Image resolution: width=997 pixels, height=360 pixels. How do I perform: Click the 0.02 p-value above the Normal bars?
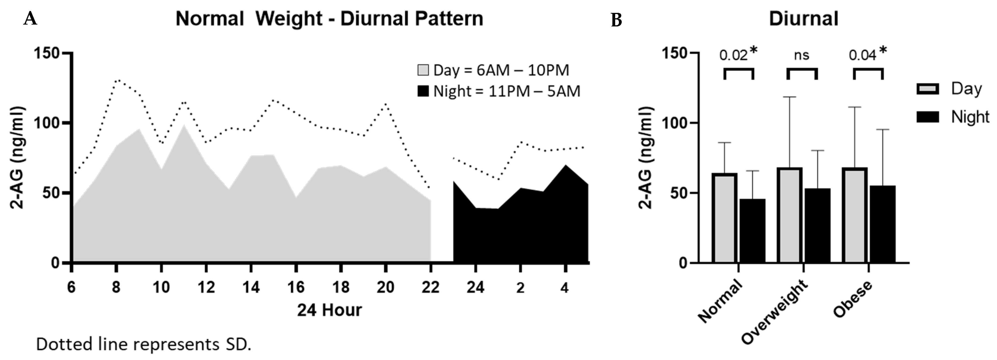pyautogui.click(x=733, y=56)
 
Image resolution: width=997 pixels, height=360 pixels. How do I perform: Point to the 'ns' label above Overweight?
pyautogui.click(x=802, y=55)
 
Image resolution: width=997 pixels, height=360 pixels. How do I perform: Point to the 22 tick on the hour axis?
pyautogui.click(x=430, y=287)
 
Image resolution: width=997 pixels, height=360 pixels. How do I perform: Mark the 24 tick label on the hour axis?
pyautogui.click(x=475, y=287)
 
